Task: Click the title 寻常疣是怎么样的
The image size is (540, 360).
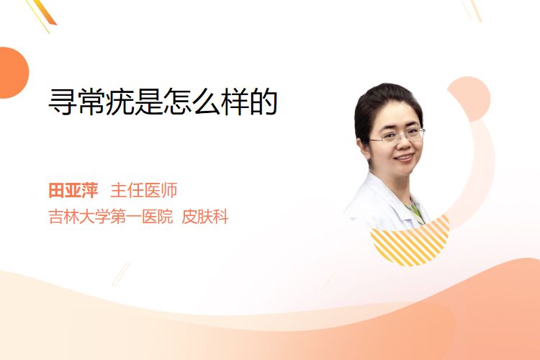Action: coord(163,102)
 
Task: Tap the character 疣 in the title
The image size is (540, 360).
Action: coord(120,102)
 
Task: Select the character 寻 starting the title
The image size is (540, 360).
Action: coord(62,102)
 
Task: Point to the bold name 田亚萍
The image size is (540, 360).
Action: coord(73,191)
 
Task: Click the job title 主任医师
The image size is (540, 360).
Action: coord(144,191)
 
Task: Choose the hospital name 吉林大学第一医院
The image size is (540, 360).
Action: coord(111,217)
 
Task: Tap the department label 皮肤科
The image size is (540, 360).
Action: coord(205,217)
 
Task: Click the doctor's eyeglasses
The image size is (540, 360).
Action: coord(397,135)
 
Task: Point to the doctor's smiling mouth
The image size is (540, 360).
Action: coord(405,158)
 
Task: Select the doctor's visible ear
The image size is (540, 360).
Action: coord(363,147)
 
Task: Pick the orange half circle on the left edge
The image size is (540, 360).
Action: coord(13,73)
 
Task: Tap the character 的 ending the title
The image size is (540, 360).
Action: coord(264,102)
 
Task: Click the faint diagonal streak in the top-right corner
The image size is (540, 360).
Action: coord(472,10)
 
